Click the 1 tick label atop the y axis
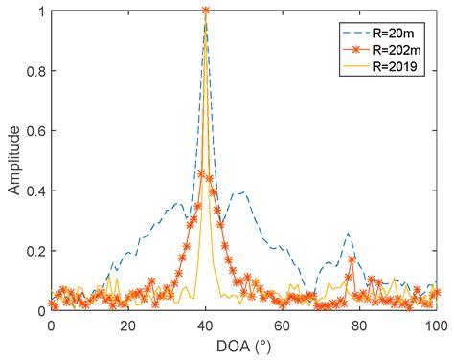pos(40,11)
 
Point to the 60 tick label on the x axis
pos(283,325)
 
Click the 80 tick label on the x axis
pos(359,325)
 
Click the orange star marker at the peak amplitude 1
pos(205,11)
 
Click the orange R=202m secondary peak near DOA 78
pos(352,259)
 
